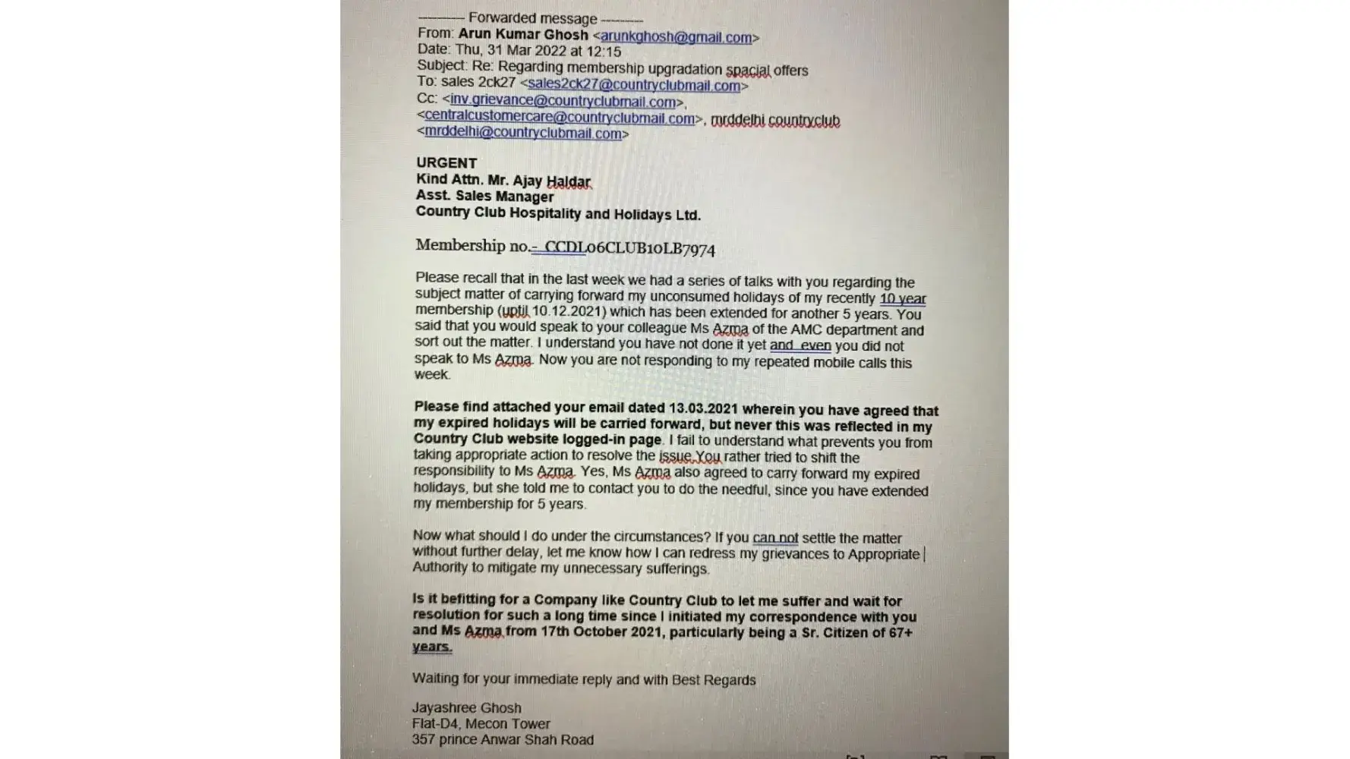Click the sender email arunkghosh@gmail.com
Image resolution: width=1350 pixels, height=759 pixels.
pyautogui.click(x=676, y=37)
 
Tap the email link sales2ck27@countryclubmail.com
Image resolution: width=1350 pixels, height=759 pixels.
pyautogui.click(x=634, y=85)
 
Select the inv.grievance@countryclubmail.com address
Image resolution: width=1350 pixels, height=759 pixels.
pyautogui.click(x=563, y=102)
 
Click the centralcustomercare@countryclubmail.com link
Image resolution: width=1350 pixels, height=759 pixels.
pyautogui.click(x=560, y=118)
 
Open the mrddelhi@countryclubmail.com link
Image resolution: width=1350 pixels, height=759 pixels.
pyautogui.click(x=523, y=133)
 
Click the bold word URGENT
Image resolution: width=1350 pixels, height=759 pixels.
pyautogui.click(x=446, y=163)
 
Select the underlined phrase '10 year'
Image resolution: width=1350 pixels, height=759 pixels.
pyautogui.click(x=902, y=298)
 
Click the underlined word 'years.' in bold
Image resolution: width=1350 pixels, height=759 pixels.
pyautogui.click(x=432, y=647)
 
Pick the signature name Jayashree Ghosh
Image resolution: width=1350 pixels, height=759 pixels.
pyautogui.click(x=466, y=708)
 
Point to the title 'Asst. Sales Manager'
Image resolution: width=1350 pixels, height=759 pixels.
pyautogui.click(x=484, y=197)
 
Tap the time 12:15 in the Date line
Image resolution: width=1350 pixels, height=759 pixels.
pyautogui.click(x=604, y=52)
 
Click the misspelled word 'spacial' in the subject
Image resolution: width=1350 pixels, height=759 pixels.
pyautogui.click(x=747, y=71)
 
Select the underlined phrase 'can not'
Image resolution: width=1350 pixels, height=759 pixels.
pyautogui.click(x=775, y=537)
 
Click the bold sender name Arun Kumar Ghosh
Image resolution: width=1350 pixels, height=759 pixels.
pyautogui.click(x=523, y=34)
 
